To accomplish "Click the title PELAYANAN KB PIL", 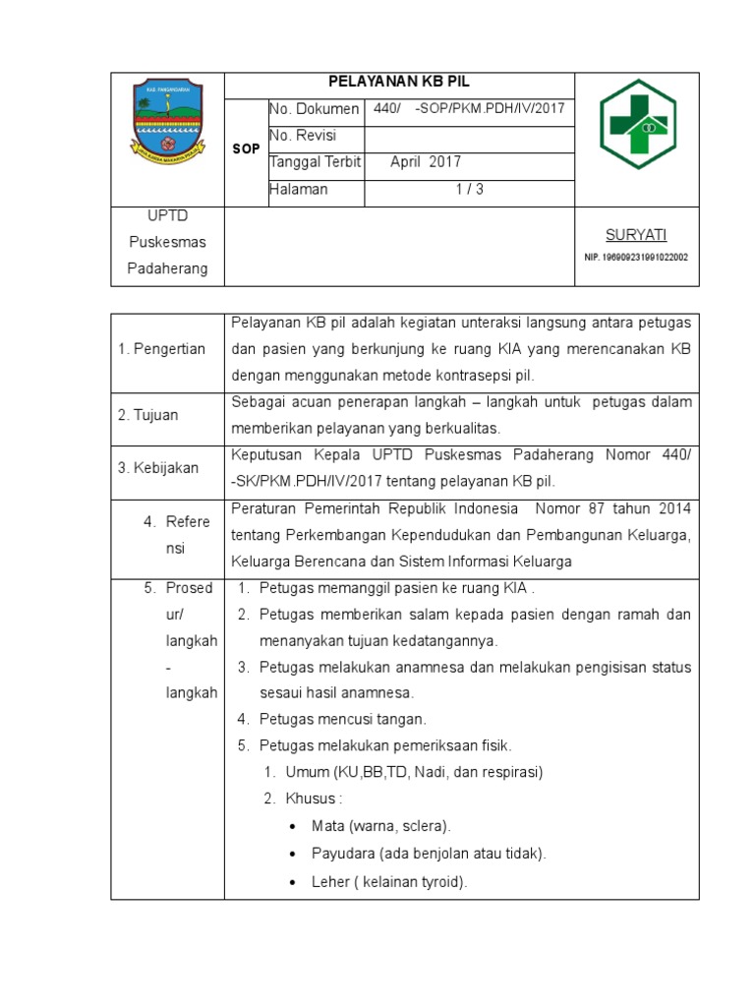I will coord(399,85).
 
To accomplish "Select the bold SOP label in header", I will coord(246,149).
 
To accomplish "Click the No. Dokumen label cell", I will coord(314,109).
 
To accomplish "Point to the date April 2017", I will coord(425,162).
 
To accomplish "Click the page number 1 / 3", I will coord(469,190).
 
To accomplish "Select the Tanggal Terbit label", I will coord(315,162).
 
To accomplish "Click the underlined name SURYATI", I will coord(635,234).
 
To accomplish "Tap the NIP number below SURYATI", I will coord(635,258).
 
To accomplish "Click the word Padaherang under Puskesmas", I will coord(167,268).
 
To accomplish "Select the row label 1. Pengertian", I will coord(161,348).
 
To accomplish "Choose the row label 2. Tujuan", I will coord(148,415).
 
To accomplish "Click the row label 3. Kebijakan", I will coord(157,468).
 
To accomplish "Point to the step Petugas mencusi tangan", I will coord(343,719).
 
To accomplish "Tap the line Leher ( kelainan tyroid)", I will coord(389,882).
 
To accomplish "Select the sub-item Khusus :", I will coord(314,798).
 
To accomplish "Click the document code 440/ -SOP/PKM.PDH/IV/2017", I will coord(469,108).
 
